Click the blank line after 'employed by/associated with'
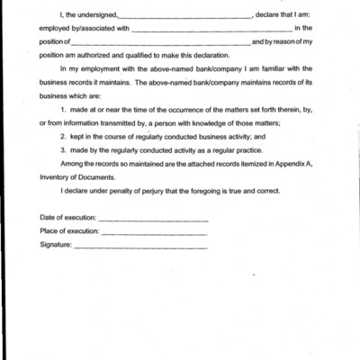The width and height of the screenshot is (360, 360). click(211, 31)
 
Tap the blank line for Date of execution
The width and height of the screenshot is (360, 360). click(153, 220)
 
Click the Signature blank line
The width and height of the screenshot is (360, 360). click(139, 247)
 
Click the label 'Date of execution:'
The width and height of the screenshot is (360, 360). click(67, 219)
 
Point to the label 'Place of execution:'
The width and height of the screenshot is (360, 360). click(69, 231)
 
